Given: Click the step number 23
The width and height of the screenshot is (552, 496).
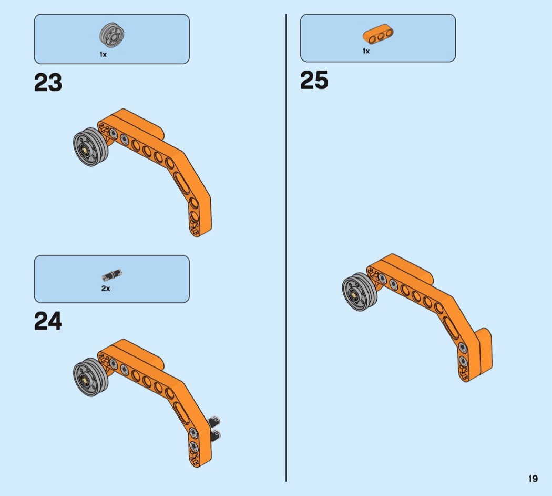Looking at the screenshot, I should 48,83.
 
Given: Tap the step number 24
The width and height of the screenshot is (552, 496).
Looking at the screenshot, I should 48,321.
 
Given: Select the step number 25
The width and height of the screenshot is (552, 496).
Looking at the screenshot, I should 314,81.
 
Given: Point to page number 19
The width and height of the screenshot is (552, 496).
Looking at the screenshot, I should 533,479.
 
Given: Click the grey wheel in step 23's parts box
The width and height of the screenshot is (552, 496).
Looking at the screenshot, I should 111,35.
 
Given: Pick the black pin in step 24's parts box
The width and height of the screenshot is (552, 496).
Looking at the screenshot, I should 111,274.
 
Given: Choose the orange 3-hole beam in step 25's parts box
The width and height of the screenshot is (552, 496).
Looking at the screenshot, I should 378,34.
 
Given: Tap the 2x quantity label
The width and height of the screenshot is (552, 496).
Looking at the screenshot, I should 106,289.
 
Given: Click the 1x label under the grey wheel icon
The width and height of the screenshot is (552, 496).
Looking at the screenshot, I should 103,54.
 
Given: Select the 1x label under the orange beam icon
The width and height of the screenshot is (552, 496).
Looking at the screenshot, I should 366,51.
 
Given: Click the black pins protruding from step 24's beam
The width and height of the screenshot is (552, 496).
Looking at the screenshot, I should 216,428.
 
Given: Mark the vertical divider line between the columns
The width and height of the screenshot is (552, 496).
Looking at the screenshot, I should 286,247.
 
